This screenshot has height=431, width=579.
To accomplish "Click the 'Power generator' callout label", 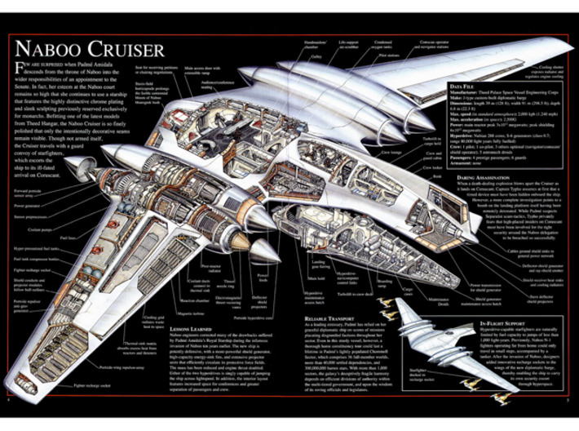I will point(29,206).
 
